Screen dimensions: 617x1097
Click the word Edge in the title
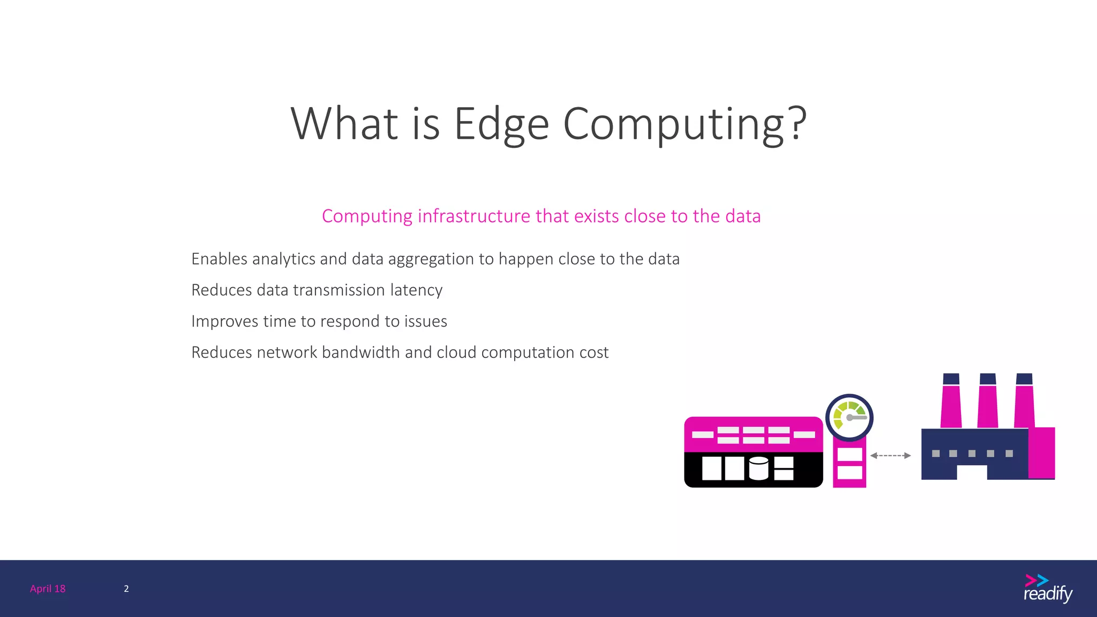click(501, 124)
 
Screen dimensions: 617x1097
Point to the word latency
click(416, 290)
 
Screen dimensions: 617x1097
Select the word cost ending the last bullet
click(594, 353)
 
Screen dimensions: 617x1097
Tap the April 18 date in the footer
click(48, 589)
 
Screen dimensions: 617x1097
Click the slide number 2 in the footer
click(126, 589)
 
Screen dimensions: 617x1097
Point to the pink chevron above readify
click(1030, 580)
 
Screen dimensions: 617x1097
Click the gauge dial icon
click(849, 418)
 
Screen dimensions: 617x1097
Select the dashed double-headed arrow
click(890, 456)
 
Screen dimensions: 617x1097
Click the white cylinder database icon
click(758, 468)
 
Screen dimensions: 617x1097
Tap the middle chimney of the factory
click(987, 402)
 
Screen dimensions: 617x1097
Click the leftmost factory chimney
click(951, 402)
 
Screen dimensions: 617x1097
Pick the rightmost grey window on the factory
click(1009, 454)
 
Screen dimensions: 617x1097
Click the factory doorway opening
click(972, 472)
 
